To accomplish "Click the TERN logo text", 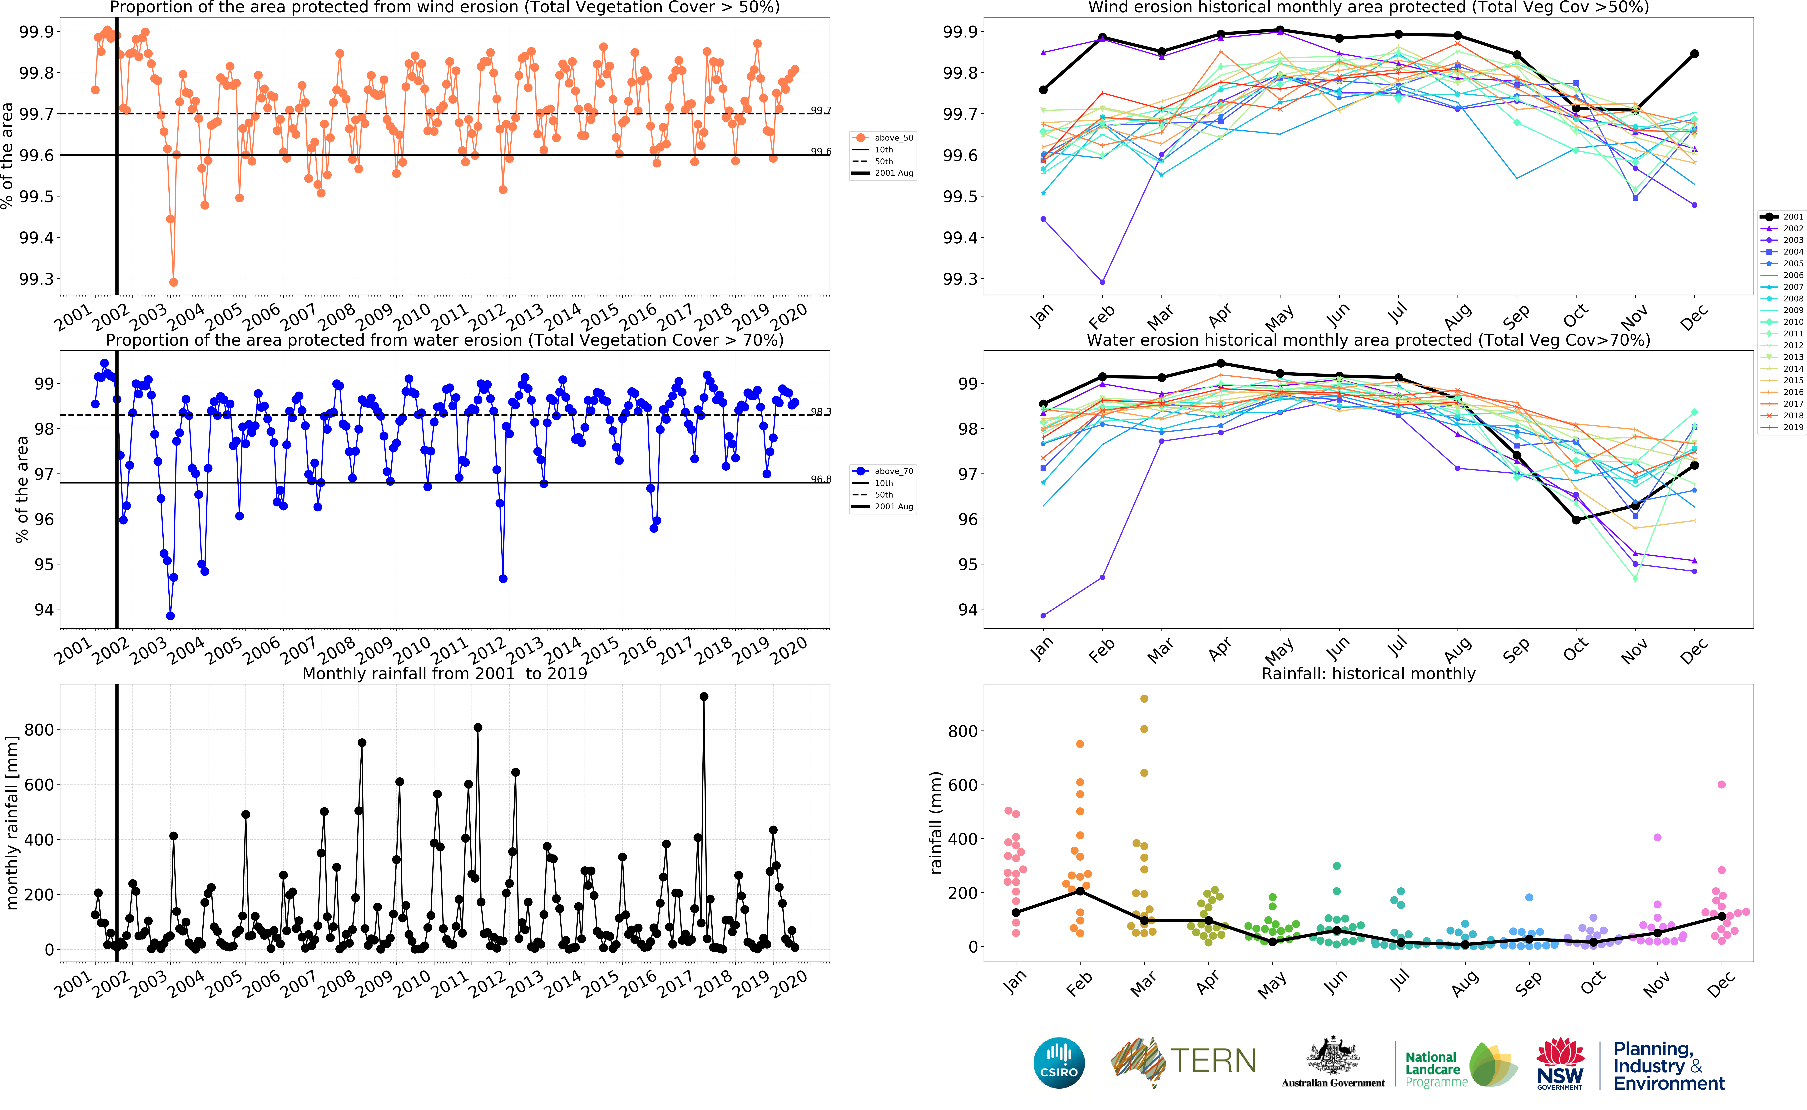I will click(1212, 1061).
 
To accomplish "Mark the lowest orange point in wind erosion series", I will click(173, 282).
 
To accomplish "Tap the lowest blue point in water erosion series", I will click(170, 616).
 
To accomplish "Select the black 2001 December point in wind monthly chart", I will click(1694, 54).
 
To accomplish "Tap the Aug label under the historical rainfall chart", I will click(1464, 984).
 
